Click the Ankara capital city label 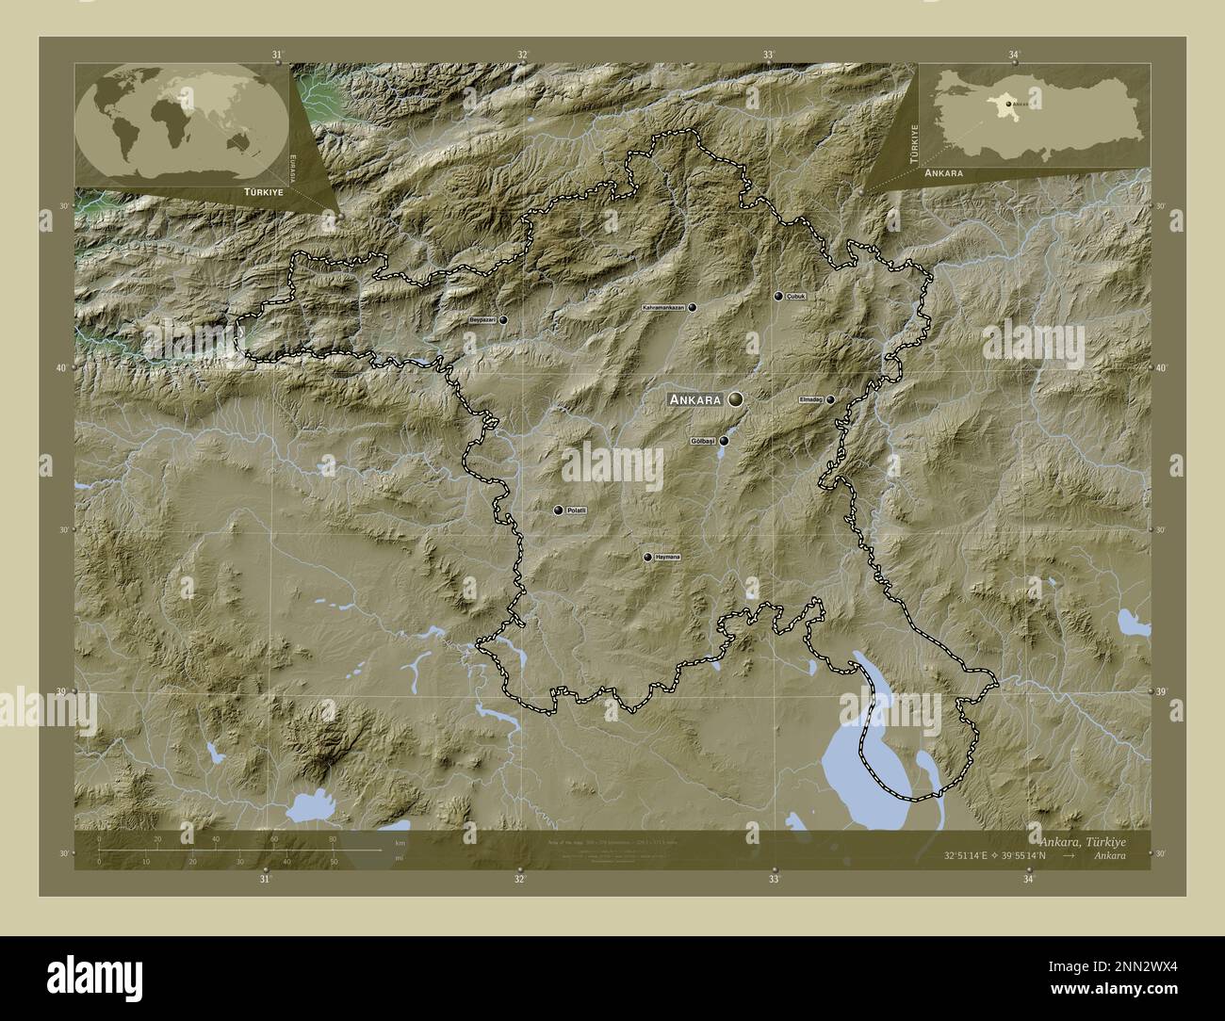click(x=695, y=399)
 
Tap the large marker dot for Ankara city click(x=735, y=400)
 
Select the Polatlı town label click(x=577, y=510)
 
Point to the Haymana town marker click(x=647, y=558)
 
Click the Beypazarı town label click(x=482, y=320)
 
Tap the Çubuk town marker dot click(x=778, y=296)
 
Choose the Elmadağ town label click(x=810, y=399)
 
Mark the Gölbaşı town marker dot click(x=724, y=441)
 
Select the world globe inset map click(x=183, y=123)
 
